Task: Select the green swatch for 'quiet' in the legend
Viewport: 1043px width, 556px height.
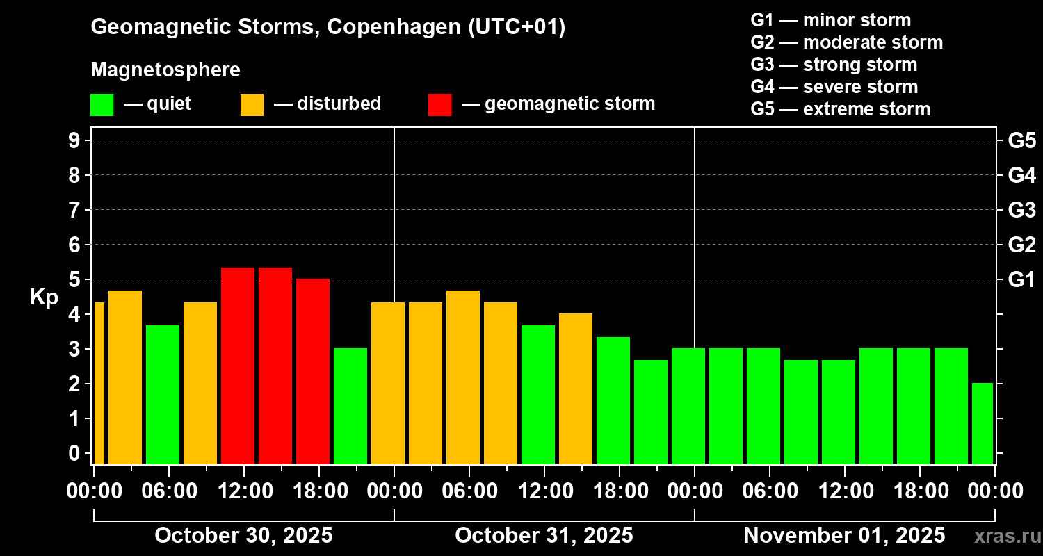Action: click(x=102, y=104)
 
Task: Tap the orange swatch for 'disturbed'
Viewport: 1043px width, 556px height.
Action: click(x=252, y=104)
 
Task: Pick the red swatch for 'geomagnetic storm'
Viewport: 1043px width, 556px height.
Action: click(x=439, y=104)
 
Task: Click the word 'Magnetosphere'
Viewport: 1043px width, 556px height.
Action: click(x=165, y=70)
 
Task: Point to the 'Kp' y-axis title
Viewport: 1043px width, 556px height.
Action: click(x=44, y=297)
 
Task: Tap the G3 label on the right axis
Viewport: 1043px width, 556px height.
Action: click(x=1021, y=210)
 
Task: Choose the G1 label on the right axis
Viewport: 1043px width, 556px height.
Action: click(x=1021, y=280)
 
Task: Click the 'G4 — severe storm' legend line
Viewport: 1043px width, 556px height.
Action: click(x=834, y=87)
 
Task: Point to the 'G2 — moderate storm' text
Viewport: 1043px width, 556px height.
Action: click(x=846, y=42)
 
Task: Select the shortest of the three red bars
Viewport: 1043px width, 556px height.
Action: click(x=313, y=372)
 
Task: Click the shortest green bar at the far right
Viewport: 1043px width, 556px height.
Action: click(x=982, y=423)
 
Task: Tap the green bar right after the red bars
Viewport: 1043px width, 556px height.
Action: click(x=350, y=406)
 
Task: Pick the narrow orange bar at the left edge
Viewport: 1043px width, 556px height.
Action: click(x=99, y=383)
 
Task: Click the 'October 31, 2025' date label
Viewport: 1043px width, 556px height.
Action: click(x=544, y=536)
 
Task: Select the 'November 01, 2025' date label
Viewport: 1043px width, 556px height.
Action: click(x=844, y=536)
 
